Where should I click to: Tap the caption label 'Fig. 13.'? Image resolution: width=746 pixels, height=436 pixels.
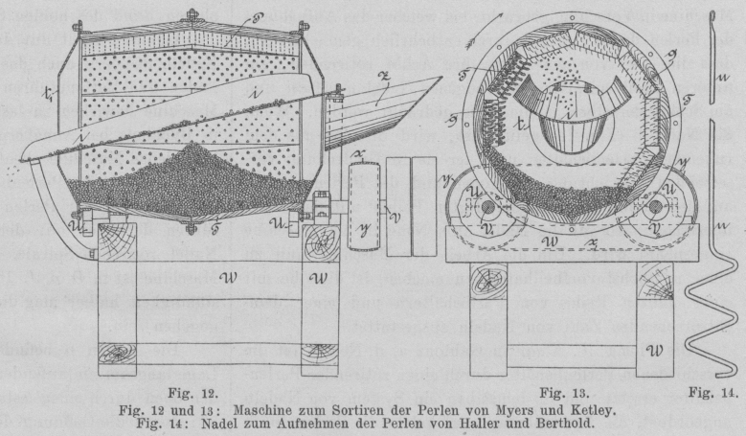(560, 393)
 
